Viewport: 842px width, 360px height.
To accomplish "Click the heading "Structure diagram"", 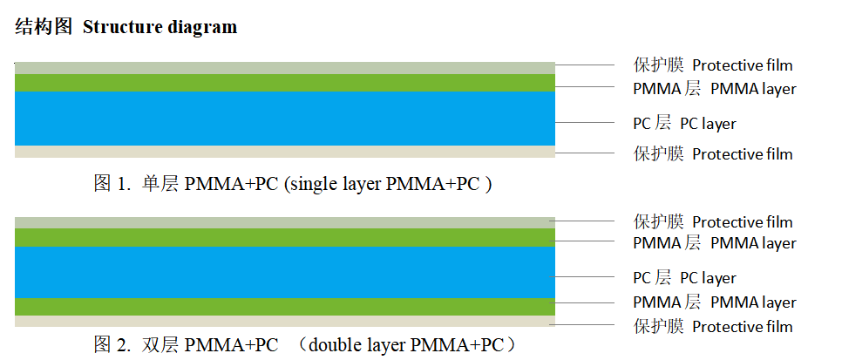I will coord(160,27).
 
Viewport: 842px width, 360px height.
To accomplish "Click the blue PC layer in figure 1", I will coord(285,119).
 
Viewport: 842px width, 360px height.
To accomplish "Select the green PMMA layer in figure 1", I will coord(285,83).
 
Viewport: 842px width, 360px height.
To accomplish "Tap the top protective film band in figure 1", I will coord(285,68).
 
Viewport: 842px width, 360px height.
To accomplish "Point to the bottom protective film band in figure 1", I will coord(285,152).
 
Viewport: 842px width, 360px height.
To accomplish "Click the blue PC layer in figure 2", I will coord(285,272).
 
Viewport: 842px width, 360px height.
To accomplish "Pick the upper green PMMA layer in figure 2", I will coord(285,237).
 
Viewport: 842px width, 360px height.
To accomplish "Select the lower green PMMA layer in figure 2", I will coord(285,306).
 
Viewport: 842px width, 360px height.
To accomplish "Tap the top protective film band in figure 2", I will coord(285,222).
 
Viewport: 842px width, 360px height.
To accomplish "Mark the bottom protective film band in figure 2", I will coord(285,321).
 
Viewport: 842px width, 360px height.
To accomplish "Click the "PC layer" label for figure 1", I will coord(708,124).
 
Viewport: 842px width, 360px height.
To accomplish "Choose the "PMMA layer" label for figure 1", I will coord(753,89).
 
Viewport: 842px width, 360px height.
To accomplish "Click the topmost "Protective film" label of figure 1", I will coord(742,65).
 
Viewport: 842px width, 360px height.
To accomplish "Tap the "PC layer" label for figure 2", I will coord(708,279).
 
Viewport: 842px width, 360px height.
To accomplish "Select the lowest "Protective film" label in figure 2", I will coord(742,327).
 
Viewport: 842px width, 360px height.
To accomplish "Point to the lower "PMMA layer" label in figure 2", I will coord(753,302).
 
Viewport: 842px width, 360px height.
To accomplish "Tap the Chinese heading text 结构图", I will coord(44,27).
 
